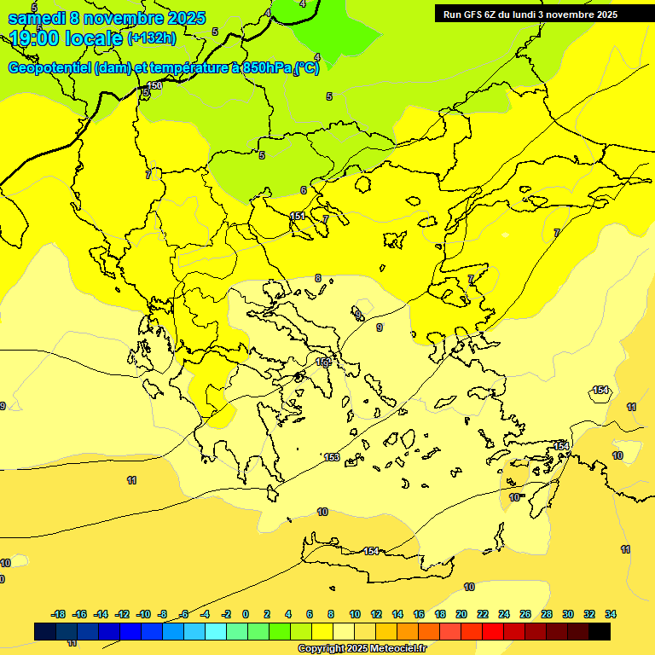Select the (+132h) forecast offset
pyautogui.click(x=152, y=38)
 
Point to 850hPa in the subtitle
pyautogui.click(x=261, y=68)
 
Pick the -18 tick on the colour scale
pyautogui.click(x=59, y=614)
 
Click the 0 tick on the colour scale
pyautogui.click(x=246, y=614)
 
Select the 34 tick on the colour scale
pyautogui.click(x=610, y=614)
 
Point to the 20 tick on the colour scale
pyautogui.click(x=461, y=614)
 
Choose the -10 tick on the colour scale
pyautogui.click(x=143, y=614)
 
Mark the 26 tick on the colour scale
pyautogui.click(x=525, y=614)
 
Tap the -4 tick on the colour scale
pyautogui.click(x=205, y=614)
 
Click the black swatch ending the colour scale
pyautogui.click(x=600, y=631)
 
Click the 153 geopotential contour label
pyautogui.click(x=332, y=458)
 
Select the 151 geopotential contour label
pyautogui.click(x=298, y=217)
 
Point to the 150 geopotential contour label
pyautogui.click(x=154, y=85)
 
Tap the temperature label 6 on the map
pyautogui.click(x=303, y=190)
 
